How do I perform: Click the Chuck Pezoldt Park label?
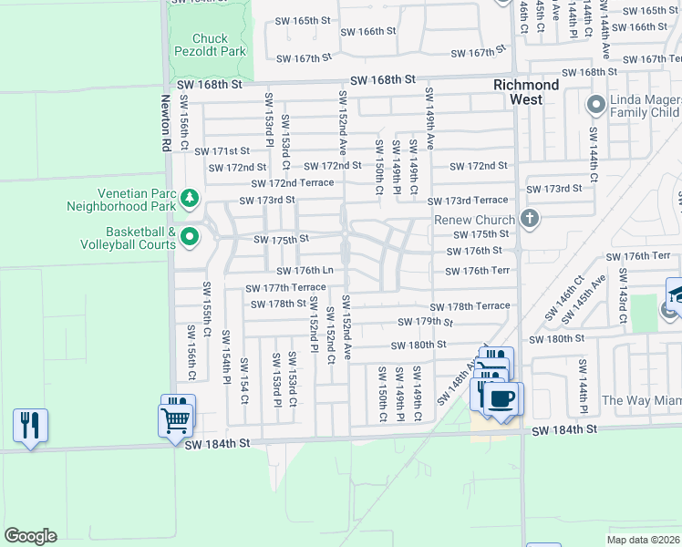[220, 45]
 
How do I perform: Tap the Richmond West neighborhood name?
[526, 92]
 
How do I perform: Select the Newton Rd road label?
[167, 124]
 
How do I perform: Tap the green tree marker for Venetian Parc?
[190, 198]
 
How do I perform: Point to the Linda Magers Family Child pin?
[596, 104]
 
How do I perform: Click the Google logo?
[30, 536]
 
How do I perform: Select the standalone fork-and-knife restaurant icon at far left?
[30, 426]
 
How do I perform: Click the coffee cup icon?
[501, 397]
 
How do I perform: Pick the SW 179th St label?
[425, 322]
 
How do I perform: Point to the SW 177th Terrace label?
[284, 288]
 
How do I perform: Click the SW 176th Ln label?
[305, 271]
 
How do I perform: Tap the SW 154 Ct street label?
[243, 377]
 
